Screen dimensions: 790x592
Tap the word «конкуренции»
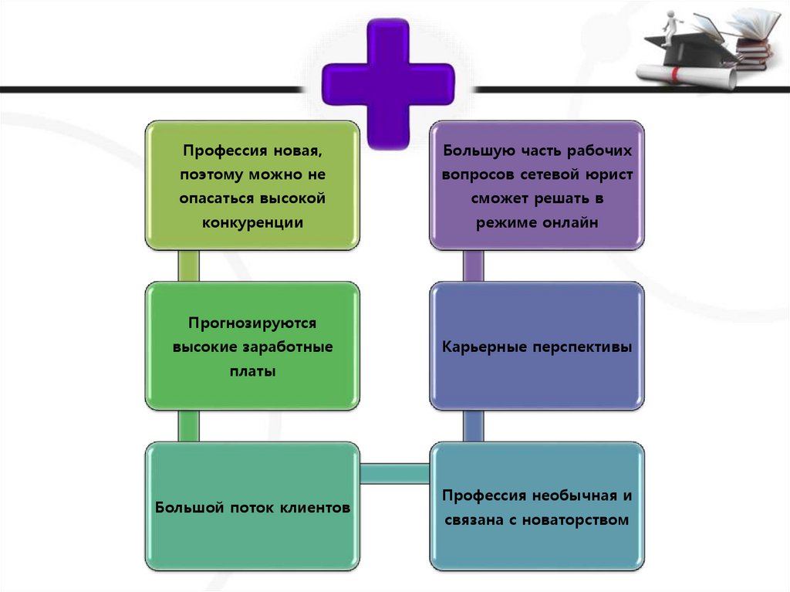point(252,222)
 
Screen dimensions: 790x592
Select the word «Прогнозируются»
point(252,323)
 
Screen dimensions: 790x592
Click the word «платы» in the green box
point(252,370)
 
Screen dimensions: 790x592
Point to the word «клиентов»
point(311,508)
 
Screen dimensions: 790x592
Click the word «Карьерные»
point(484,347)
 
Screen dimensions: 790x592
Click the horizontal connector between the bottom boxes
point(394,473)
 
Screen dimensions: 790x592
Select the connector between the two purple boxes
point(474,266)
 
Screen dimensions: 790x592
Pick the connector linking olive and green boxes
point(189,266)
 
